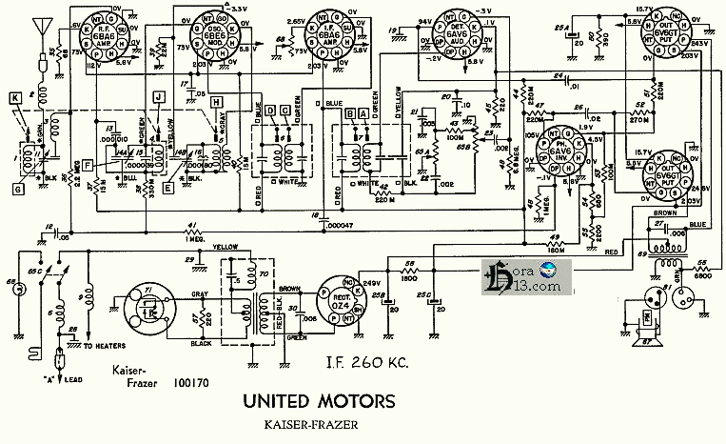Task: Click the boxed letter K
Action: pos(15,97)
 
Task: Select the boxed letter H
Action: pos(217,102)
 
